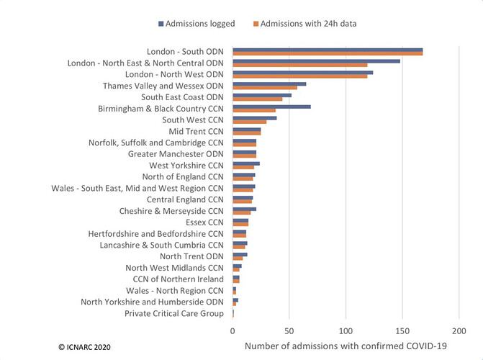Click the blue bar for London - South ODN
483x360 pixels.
[328, 50]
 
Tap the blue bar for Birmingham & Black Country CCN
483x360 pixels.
[271, 107]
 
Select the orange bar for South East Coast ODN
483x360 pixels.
[258, 99]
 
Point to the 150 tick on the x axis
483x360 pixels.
[402, 331]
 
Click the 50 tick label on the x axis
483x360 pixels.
[289, 331]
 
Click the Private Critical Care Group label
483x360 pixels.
[173, 314]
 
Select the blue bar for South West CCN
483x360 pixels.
[254, 118]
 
